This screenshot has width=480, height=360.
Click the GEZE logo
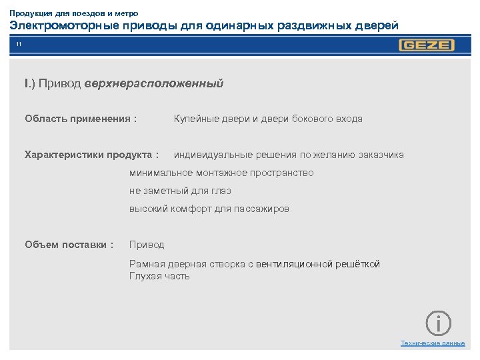tap(426, 45)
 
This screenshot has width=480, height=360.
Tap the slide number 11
tap(19, 44)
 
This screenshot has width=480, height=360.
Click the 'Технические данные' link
tap(432, 343)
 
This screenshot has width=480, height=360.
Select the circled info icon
tap(438, 323)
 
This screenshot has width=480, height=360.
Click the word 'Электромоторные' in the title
tap(63, 26)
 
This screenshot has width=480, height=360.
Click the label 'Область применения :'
tap(81, 119)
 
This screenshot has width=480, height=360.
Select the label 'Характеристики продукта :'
tap(91, 155)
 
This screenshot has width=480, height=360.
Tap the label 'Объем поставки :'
tap(69, 245)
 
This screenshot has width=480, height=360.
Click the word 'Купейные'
tap(195, 119)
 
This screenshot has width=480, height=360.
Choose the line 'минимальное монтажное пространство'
tap(221, 173)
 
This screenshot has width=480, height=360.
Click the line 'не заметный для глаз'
tap(180, 191)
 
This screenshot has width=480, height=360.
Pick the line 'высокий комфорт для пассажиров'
tap(209, 209)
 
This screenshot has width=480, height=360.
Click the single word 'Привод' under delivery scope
tap(147, 245)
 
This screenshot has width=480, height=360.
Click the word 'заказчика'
tap(381, 155)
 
